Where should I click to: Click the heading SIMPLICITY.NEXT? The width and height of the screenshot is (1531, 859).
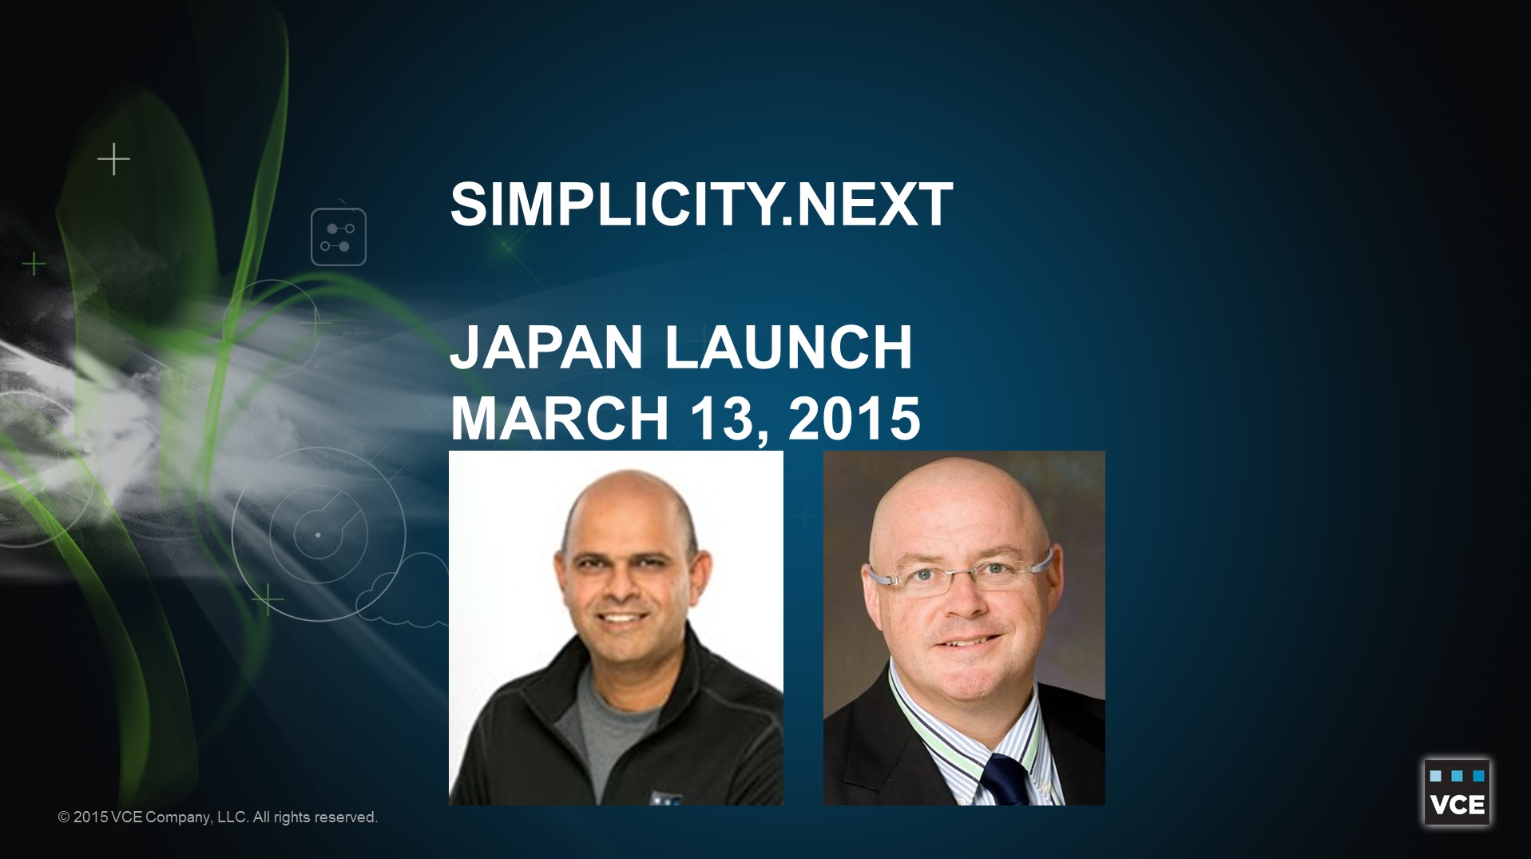[701, 204]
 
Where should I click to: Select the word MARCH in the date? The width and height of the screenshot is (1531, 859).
[559, 417]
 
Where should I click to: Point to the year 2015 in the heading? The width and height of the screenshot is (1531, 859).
[855, 417]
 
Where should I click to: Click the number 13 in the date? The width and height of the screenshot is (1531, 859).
[723, 417]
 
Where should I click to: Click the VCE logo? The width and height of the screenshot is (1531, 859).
[1458, 792]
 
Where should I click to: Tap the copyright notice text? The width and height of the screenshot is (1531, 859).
[217, 817]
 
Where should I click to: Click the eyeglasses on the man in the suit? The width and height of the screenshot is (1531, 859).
[961, 574]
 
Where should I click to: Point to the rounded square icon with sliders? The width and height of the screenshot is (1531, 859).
[339, 237]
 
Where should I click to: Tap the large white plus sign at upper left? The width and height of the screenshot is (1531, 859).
[113, 159]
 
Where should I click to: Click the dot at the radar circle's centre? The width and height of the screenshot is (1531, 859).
[318, 535]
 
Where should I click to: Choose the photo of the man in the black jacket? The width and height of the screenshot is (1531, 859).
[616, 628]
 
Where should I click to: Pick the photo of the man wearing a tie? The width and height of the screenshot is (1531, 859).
[964, 628]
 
